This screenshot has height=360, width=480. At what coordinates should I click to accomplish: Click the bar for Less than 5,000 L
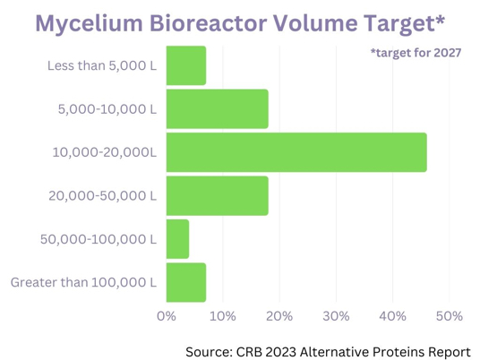coord(186,65)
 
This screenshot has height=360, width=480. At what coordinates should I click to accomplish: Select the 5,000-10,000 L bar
coord(218,109)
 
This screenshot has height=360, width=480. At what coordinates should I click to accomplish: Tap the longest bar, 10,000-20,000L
coord(296,152)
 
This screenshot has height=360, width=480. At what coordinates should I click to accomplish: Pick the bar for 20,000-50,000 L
coord(218,196)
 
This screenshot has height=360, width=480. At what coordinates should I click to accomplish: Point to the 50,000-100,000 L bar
coord(177,239)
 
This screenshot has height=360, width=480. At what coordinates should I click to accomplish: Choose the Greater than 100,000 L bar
coord(186,283)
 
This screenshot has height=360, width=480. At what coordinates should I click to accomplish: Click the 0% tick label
coord(167,316)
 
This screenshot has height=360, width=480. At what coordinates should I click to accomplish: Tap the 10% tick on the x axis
coord(223,316)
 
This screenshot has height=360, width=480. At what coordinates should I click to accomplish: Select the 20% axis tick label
coord(279,316)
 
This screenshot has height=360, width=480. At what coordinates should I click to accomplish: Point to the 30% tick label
coord(336,316)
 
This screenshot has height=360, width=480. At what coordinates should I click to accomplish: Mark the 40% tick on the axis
coord(392,316)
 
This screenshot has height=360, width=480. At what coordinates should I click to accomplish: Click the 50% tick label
coord(449,316)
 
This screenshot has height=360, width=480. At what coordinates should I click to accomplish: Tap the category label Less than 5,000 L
coord(102,65)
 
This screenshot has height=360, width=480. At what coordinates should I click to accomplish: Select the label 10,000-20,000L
coord(105,152)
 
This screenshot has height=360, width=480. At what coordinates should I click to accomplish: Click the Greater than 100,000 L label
coord(83,282)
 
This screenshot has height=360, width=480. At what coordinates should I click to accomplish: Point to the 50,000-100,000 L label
coord(99,239)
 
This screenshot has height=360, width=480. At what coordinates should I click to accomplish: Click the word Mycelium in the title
coord(89,23)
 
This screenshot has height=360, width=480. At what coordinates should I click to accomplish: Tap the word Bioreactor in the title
coord(208,23)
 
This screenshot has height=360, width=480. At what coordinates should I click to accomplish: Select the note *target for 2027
coord(416,53)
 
